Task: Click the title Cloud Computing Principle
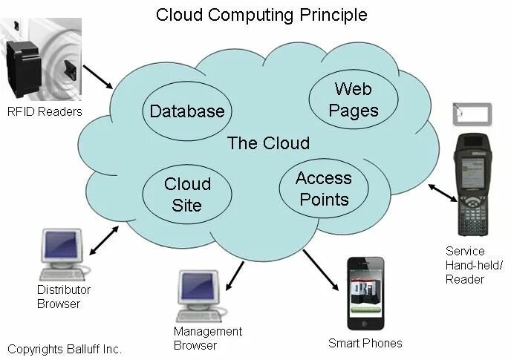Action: coord(261,15)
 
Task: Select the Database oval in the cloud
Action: coord(186,111)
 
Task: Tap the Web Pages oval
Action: coord(353,100)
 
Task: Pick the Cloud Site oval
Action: coord(187,194)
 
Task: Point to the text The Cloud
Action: coord(268,143)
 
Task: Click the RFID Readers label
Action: coord(45,112)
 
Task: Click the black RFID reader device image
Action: coord(28,71)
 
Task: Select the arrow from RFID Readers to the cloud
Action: coord(97,76)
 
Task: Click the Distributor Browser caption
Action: coord(63,296)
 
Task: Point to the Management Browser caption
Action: coord(208,338)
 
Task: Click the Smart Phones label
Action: coord(365,343)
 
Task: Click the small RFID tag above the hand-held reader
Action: coord(472,114)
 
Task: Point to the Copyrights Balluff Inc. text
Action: coord(65,349)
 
